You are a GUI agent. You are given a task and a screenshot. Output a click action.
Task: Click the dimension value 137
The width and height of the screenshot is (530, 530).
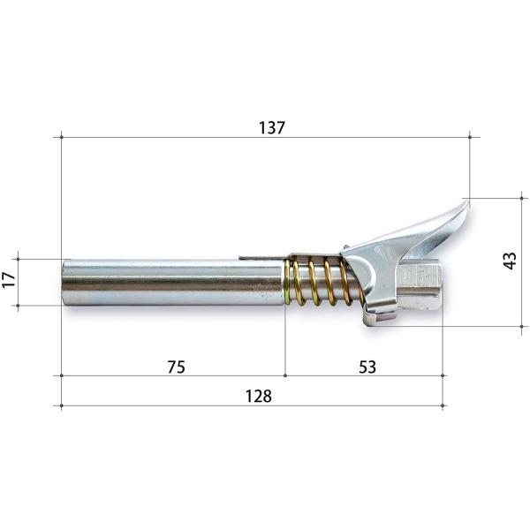click(x=272, y=128)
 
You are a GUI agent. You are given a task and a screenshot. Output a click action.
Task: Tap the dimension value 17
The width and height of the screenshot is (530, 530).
click(x=9, y=279)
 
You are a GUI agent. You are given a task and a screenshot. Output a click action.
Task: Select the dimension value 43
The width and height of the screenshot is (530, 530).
click(x=510, y=261)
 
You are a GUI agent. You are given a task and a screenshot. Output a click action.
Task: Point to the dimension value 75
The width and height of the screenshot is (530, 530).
click(x=177, y=367)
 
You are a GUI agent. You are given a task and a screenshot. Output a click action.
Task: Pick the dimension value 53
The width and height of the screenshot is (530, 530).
click(x=367, y=367)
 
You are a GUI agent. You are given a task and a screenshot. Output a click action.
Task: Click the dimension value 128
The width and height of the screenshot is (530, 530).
click(x=259, y=396)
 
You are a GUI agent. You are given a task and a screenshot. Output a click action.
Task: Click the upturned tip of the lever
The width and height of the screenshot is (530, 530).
click(x=468, y=201)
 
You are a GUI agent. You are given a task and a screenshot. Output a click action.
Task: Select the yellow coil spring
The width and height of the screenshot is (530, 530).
click(x=320, y=282)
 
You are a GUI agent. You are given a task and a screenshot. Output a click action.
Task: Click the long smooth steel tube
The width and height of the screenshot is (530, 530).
click(x=173, y=283)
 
